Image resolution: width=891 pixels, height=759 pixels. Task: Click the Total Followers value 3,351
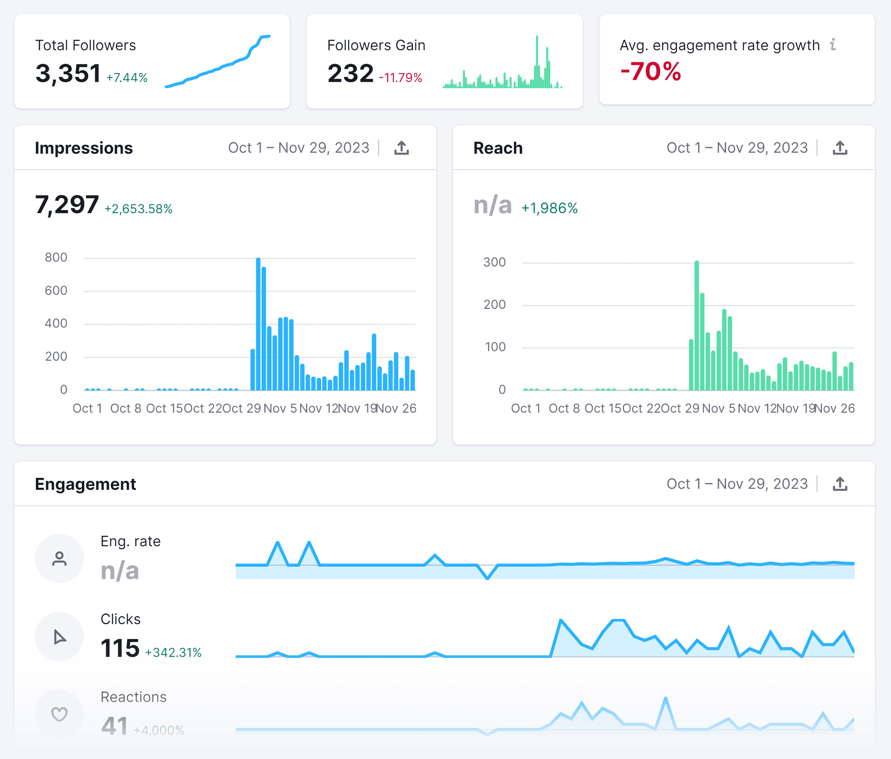pyautogui.click(x=68, y=73)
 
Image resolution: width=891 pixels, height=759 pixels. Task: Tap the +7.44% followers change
pyautogui.click(x=127, y=78)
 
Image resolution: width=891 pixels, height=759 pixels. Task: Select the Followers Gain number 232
pyautogui.click(x=350, y=73)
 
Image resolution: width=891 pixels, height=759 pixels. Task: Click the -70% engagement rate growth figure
pyautogui.click(x=650, y=71)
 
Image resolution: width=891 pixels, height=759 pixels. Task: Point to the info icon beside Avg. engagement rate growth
pyautogui.click(x=833, y=44)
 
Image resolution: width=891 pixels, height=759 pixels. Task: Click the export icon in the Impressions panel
pyautogui.click(x=401, y=148)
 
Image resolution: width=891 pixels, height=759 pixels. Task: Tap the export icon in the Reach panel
pyautogui.click(x=839, y=148)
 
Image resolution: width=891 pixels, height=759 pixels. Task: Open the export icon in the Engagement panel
pyautogui.click(x=839, y=484)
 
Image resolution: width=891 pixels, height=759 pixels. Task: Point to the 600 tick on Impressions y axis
pyautogui.click(x=56, y=291)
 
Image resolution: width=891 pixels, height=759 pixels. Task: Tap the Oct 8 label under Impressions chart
pyautogui.click(x=125, y=408)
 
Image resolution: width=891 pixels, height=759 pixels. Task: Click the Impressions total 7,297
pyautogui.click(x=67, y=205)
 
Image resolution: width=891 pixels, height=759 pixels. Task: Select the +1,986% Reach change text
pyautogui.click(x=549, y=209)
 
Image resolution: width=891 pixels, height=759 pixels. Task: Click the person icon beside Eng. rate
pyautogui.click(x=60, y=559)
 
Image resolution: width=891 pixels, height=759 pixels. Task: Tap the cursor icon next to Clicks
pyautogui.click(x=60, y=636)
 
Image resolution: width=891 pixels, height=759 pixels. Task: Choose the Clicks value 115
pyautogui.click(x=120, y=648)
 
